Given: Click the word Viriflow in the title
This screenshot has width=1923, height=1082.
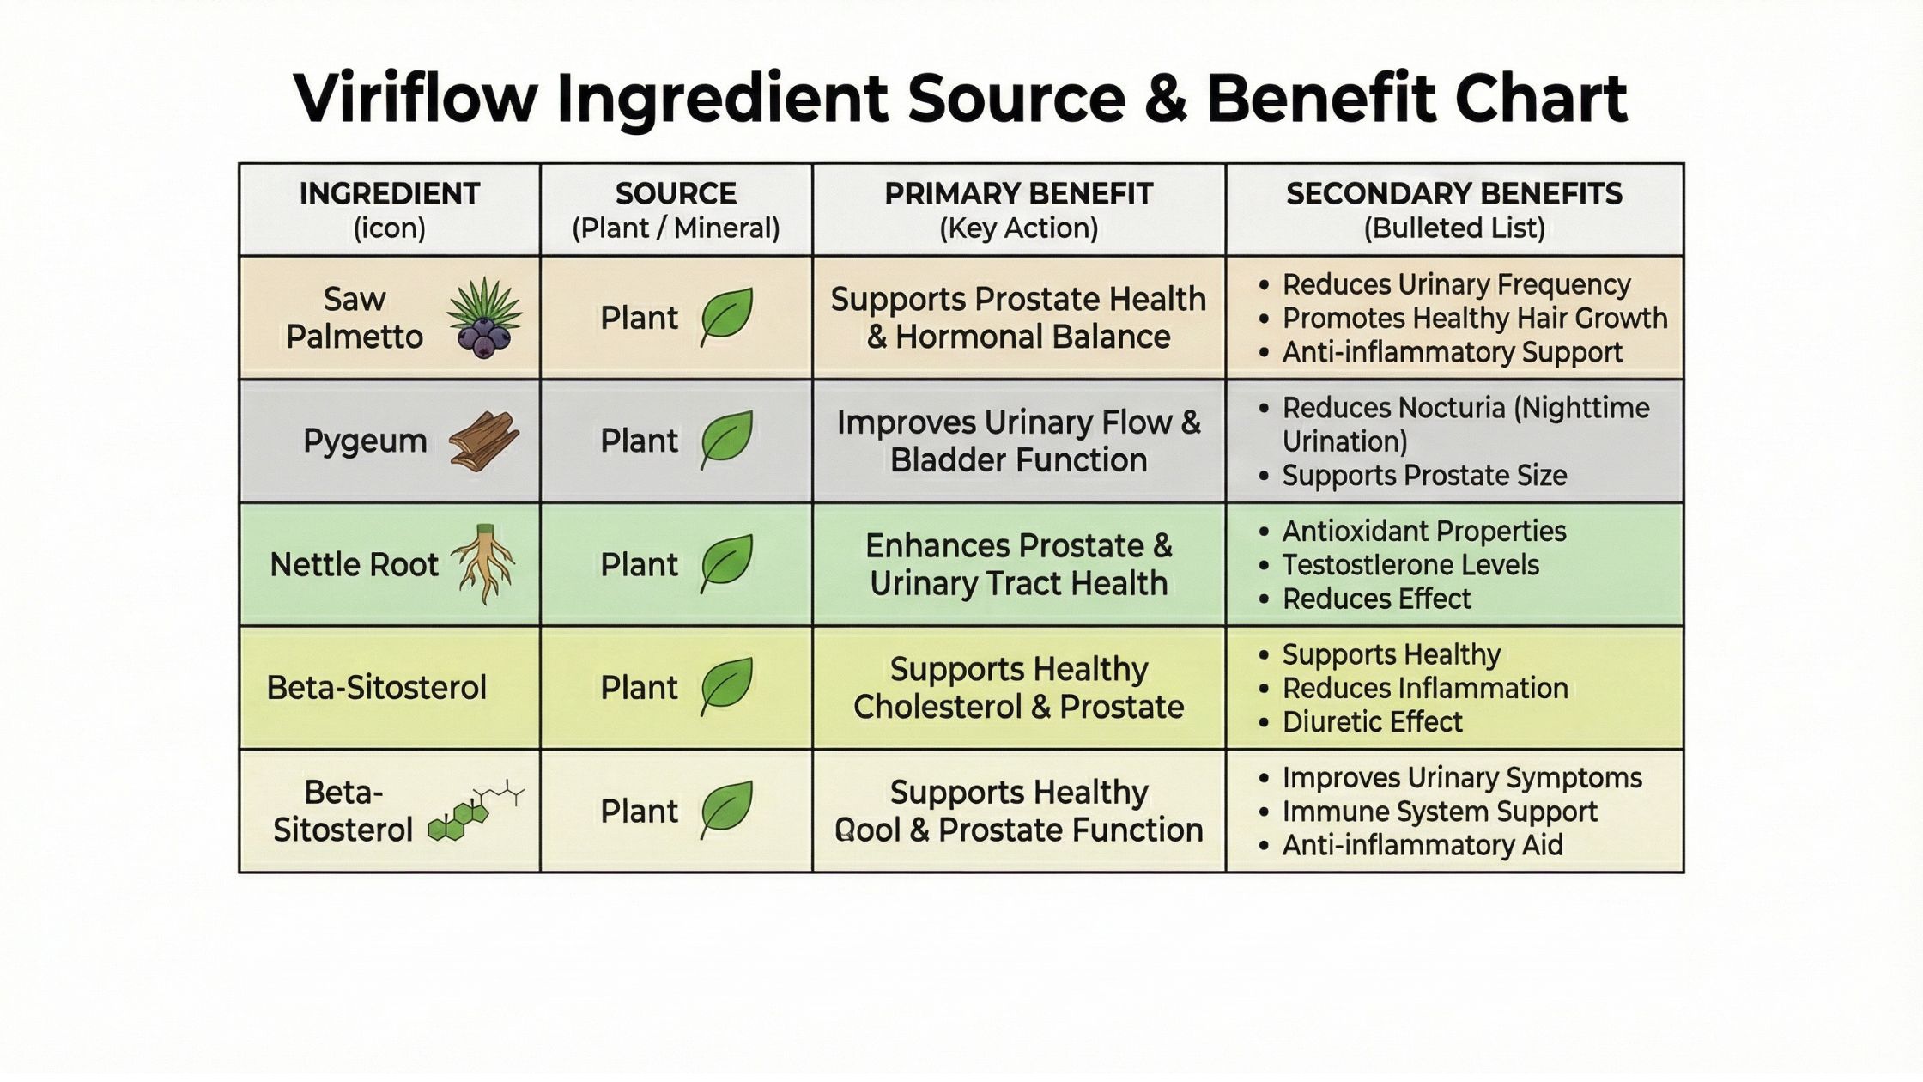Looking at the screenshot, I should coord(415,99).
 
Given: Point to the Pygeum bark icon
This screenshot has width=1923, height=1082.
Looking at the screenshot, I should coord(484,441).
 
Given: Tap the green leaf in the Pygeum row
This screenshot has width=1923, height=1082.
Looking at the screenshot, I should coord(726,439).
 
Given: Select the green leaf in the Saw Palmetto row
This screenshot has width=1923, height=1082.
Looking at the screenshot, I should coord(726,316).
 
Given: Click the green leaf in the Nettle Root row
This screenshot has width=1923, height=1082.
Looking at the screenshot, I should coord(726,562).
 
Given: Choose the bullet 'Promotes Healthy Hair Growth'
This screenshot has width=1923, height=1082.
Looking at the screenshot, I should coord(1474,319).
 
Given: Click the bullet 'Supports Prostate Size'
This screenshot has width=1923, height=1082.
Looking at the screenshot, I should coord(1424,476).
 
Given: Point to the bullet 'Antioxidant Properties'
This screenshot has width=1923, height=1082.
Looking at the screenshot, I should coord(1423,532).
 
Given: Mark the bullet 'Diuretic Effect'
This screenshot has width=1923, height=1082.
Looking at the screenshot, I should coord(1371,722).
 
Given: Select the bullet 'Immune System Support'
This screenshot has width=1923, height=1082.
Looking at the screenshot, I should coord(1439,811).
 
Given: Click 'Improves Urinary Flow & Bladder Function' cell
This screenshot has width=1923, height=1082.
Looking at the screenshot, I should coord(1018,441).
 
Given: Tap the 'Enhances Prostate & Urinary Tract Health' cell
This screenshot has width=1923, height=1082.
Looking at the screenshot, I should coord(1018,564).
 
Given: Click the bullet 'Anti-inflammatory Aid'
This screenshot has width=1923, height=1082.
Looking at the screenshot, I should coord(1422,846).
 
